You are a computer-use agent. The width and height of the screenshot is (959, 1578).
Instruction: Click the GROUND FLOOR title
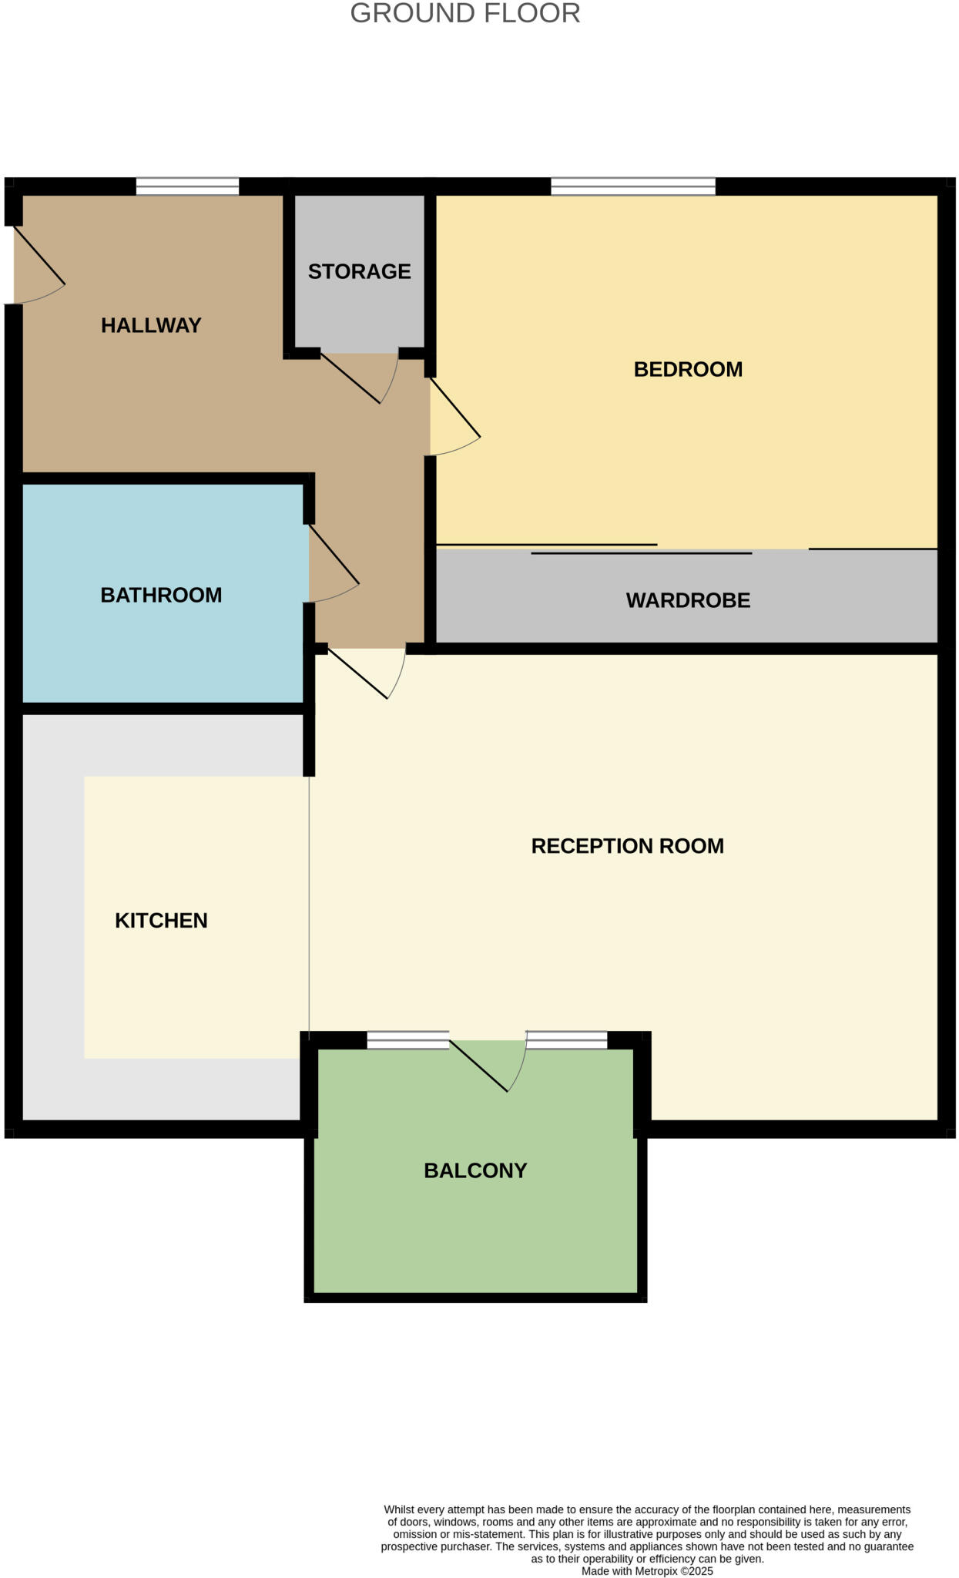pyautogui.click(x=464, y=14)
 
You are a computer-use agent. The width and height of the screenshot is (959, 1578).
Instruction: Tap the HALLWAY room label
pyautogui.click(x=151, y=325)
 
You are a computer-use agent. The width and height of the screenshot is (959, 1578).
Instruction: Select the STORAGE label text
pyautogui.click(x=359, y=271)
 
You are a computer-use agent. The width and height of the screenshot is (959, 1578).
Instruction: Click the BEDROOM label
pyautogui.click(x=688, y=369)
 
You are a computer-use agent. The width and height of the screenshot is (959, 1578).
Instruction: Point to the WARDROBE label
pyautogui.click(x=688, y=600)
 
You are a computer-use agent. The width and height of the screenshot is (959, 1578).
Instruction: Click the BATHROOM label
pyautogui.click(x=161, y=595)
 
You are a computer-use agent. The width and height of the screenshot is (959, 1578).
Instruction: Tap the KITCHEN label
pyautogui.click(x=161, y=920)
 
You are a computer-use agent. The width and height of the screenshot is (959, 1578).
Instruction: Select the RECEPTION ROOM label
pyautogui.click(x=627, y=846)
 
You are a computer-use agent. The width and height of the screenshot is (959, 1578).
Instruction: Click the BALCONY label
pyautogui.click(x=475, y=1170)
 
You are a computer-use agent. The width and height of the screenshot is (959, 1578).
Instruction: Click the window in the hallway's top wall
pyautogui.click(x=187, y=186)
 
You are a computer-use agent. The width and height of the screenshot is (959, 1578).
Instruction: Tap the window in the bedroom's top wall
pyautogui.click(x=633, y=186)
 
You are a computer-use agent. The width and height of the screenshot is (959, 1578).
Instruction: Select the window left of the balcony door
pyautogui.click(x=407, y=1040)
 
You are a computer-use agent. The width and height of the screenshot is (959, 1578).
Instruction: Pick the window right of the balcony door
pyautogui.click(x=566, y=1040)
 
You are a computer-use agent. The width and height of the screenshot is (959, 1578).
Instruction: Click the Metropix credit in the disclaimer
pyautogui.click(x=647, y=1571)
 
